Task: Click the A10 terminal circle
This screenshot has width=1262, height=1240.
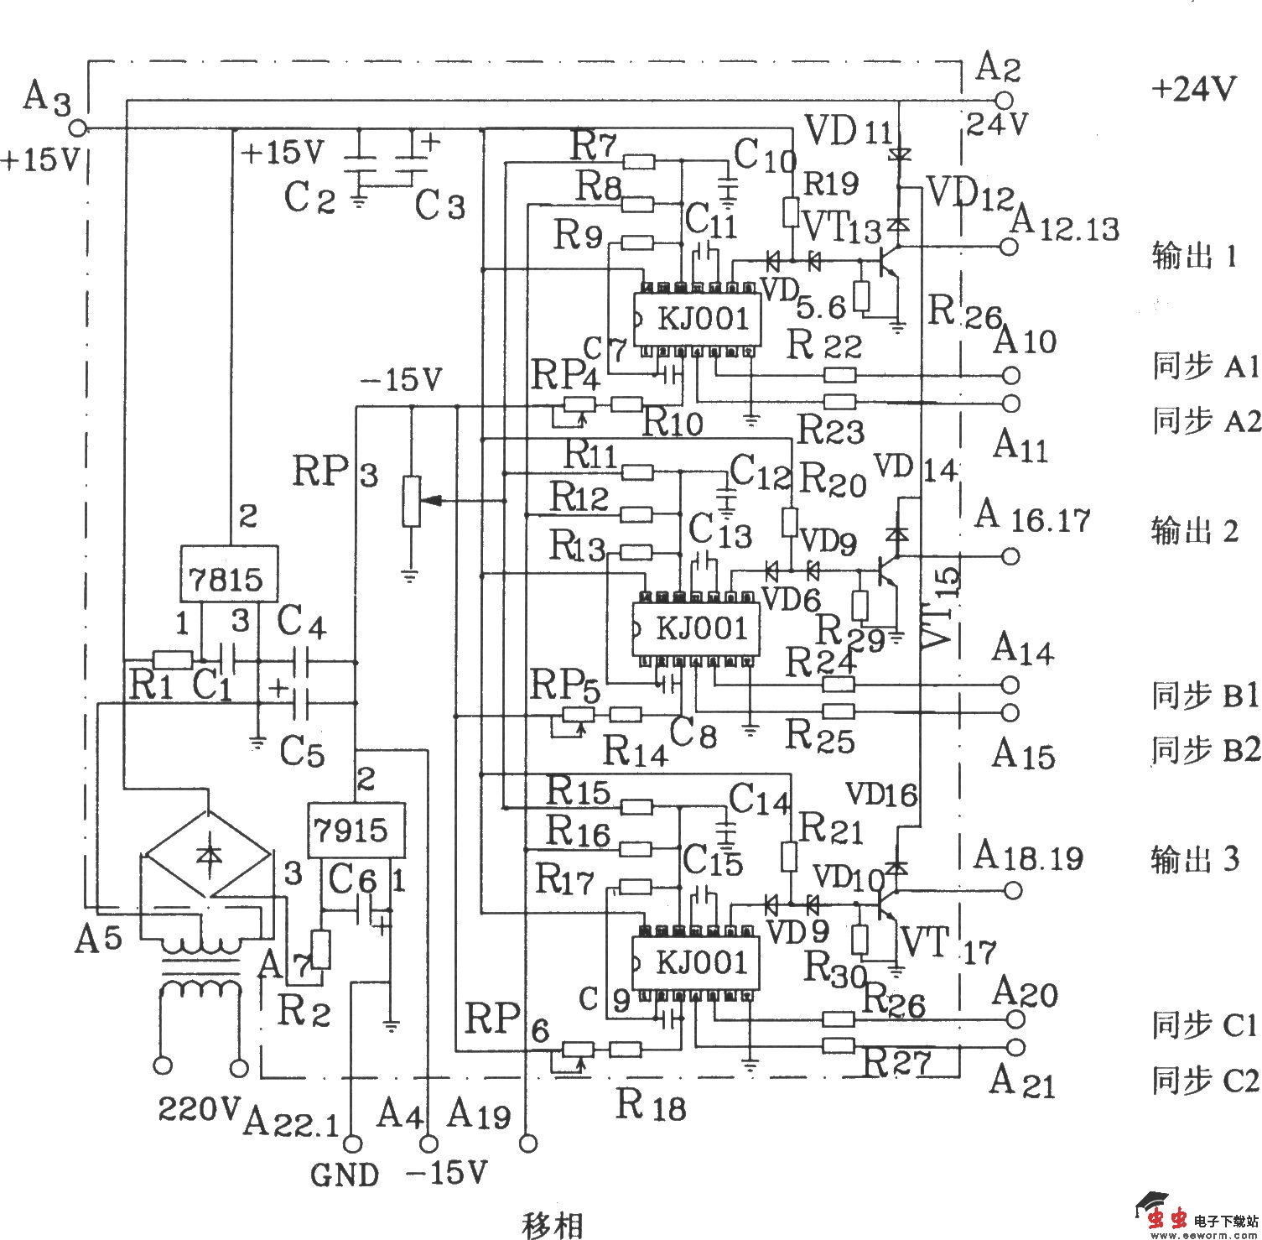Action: click(x=1011, y=374)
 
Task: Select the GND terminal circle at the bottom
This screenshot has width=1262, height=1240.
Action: click(x=351, y=1143)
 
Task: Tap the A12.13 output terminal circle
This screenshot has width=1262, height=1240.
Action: click(x=1010, y=246)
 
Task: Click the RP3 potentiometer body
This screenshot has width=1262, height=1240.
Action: click(x=411, y=501)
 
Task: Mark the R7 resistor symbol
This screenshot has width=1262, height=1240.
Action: click(x=639, y=161)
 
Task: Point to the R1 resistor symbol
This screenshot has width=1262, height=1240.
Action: click(x=172, y=659)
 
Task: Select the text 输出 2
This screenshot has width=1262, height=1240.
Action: click(x=1195, y=532)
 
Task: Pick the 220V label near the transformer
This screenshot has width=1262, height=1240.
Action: click(x=199, y=1109)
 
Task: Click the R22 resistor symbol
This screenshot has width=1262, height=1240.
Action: click(x=840, y=374)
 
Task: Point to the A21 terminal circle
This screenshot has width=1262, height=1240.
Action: click(x=1015, y=1046)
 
